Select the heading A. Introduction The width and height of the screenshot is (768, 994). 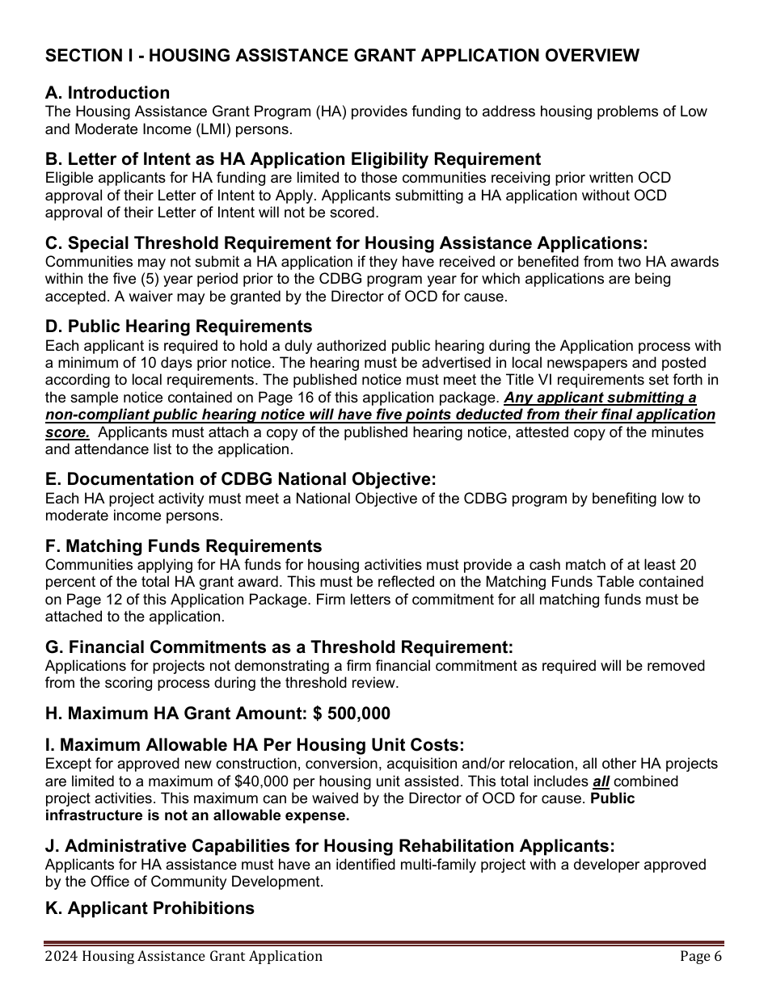coord(108,93)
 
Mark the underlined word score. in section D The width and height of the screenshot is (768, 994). coord(67,432)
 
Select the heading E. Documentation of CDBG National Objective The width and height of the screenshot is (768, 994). coord(240,479)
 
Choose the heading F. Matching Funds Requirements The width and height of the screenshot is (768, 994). coord(184,546)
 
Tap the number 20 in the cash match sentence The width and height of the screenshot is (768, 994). coord(688,565)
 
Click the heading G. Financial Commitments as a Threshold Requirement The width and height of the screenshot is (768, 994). coord(279,647)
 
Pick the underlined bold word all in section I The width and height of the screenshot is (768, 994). coord(601,781)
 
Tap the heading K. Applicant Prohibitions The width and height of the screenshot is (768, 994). coord(150,908)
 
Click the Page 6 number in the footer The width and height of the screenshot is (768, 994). coord(700,957)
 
